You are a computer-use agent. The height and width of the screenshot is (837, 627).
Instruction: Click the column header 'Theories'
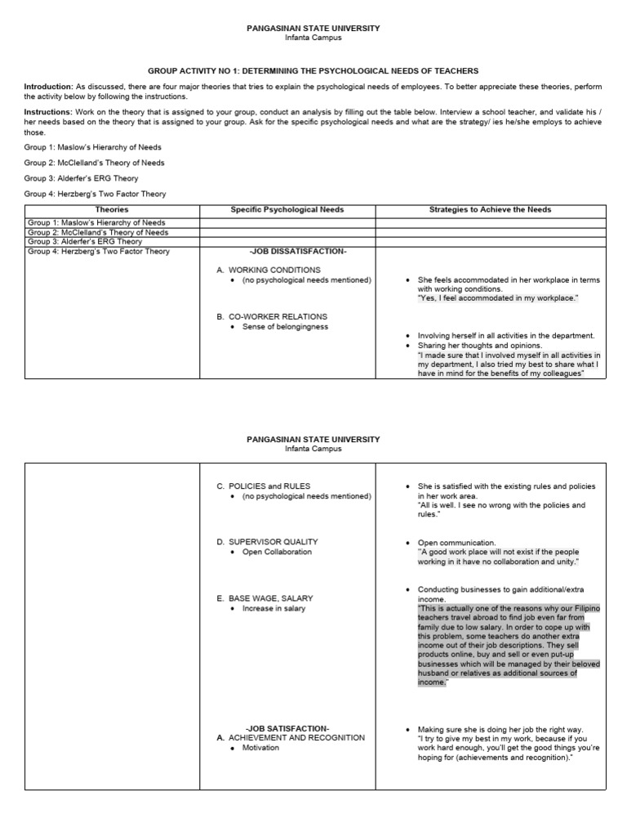111,210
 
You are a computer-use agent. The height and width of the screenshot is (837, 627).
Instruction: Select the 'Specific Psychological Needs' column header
287,210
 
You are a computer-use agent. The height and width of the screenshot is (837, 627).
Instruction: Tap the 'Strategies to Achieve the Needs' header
490,210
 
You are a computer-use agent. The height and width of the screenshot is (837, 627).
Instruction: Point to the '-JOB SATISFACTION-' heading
287,728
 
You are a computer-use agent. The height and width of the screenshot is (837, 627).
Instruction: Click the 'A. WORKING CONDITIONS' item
269,270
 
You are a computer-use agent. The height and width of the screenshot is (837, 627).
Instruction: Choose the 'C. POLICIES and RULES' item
263,486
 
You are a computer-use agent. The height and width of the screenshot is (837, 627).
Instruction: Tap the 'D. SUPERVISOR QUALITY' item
267,542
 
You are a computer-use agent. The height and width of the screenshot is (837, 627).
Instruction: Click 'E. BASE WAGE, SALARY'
265,598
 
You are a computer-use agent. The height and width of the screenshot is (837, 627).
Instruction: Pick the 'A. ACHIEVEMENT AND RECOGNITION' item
291,737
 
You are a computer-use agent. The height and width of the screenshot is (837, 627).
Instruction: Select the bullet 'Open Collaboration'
277,552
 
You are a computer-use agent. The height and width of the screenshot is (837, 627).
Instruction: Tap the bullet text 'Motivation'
260,747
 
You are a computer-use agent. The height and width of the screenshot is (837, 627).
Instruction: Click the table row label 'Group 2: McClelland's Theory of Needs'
96,232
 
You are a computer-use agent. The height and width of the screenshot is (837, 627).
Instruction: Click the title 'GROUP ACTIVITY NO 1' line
313,71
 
